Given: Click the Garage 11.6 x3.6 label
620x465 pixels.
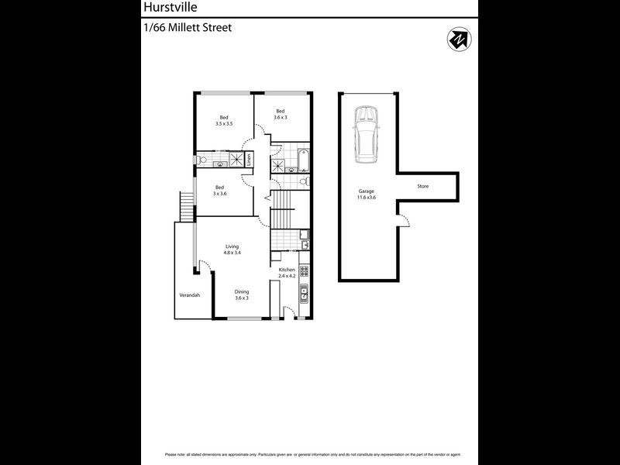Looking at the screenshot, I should (x=367, y=194).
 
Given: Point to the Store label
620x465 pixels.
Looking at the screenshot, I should (x=422, y=187).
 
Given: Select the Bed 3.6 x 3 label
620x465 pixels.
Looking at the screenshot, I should (x=281, y=114).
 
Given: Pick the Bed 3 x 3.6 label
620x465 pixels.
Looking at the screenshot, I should (x=220, y=190).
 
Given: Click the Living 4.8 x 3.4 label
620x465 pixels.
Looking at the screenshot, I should (x=232, y=250).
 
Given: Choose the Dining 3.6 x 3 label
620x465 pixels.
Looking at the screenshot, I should (x=242, y=295).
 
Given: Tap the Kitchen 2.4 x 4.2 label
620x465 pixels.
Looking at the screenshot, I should (x=288, y=273).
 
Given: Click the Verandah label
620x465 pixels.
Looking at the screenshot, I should (x=190, y=295).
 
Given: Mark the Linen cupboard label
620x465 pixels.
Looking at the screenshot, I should (x=250, y=160).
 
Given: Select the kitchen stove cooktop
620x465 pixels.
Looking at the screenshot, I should (x=305, y=272).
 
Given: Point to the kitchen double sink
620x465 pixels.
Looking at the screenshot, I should (x=305, y=294).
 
